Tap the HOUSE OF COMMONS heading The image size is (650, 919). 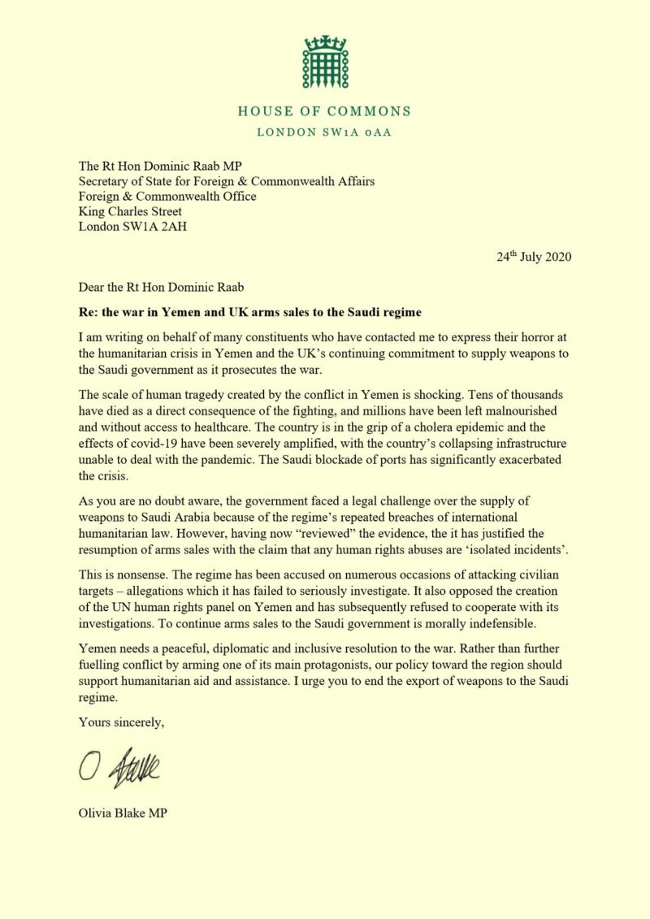click(325, 111)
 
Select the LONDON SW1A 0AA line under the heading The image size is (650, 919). click(325, 132)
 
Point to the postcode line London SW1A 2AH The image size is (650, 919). click(132, 227)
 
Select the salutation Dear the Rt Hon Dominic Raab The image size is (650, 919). click(162, 286)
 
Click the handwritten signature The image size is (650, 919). click(119, 766)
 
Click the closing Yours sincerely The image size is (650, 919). click(121, 721)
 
